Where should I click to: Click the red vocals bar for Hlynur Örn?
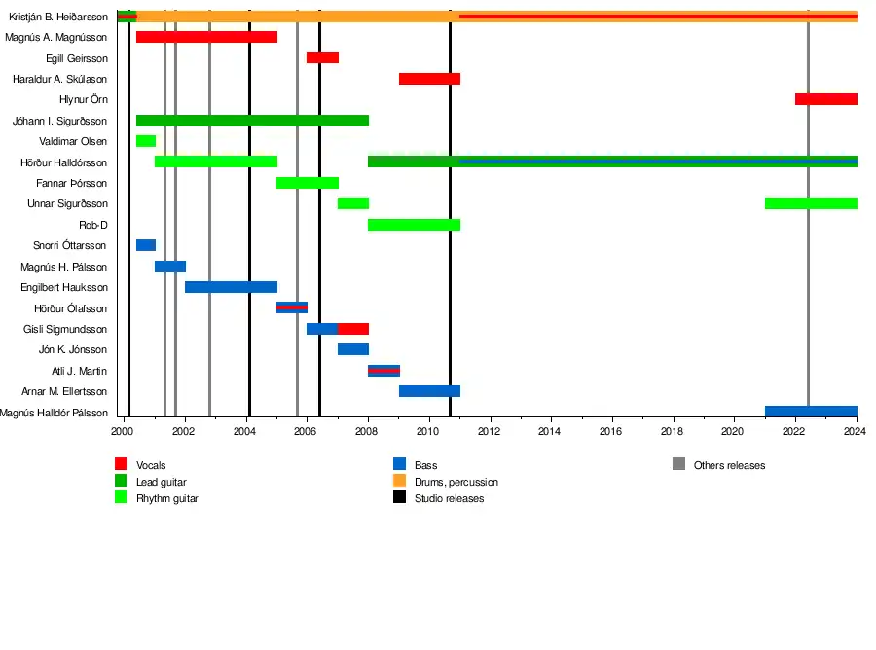[825, 99]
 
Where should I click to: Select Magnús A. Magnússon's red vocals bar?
[206, 37]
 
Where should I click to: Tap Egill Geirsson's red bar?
[322, 57]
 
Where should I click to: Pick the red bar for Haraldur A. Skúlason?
[429, 79]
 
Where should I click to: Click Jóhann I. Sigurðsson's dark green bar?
[252, 121]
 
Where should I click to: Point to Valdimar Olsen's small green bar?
[146, 141]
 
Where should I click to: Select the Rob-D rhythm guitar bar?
[414, 225]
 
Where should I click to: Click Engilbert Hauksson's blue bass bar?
[231, 287]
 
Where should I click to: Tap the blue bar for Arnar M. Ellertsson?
[429, 391]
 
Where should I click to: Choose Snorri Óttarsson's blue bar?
[146, 245]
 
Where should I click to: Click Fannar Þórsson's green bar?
[308, 183]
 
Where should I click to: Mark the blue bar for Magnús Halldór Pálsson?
[811, 412]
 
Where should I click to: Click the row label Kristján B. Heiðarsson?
[58, 17]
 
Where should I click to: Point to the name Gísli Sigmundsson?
[65, 329]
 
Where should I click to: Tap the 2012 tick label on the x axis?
[490, 431]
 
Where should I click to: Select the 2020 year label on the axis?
[733, 431]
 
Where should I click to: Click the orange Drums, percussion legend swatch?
[399, 482]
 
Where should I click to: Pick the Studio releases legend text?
[449, 498]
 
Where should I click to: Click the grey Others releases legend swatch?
[678, 465]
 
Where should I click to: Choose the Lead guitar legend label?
[162, 482]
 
